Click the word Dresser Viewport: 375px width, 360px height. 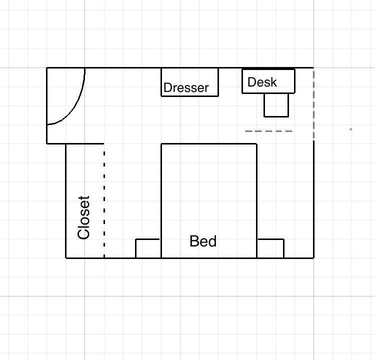(x=186, y=87)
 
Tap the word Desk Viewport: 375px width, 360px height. (x=262, y=82)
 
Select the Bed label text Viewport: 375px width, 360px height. (x=203, y=241)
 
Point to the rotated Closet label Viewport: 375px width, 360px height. (x=83, y=217)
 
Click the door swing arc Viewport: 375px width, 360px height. (x=75, y=107)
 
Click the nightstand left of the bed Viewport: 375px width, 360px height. (x=148, y=248)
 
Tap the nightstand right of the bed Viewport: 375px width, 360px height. (x=270, y=248)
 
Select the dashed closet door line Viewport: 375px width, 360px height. (x=104, y=204)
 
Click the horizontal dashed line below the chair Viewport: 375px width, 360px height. (x=268, y=131)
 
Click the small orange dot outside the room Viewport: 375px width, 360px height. (x=350, y=129)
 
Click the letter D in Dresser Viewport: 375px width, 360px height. (x=167, y=87)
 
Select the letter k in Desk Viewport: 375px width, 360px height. (x=274, y=82)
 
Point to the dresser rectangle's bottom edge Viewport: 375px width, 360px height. (x=190, y=96)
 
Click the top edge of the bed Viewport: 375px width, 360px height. (x=209, y=144)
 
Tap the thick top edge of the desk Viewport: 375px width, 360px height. (x=268, y=69)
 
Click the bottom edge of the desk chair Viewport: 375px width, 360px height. (x=276, y=116)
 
